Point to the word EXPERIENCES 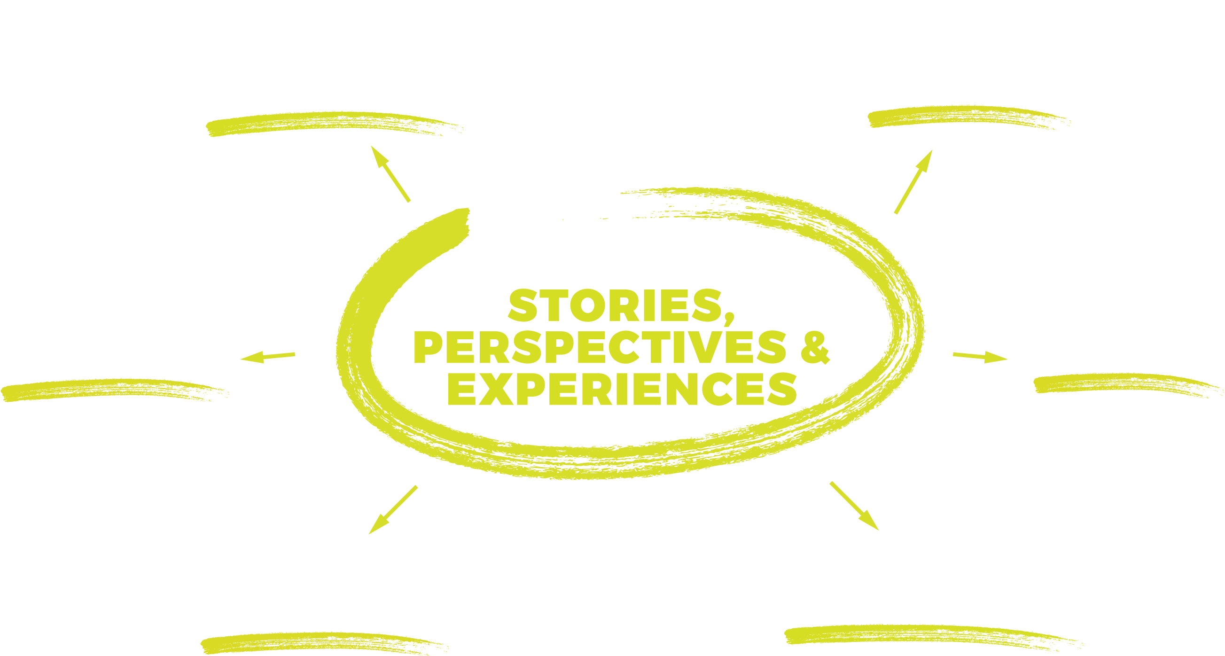(x=622, y=389)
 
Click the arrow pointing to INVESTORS (x=980, y=357)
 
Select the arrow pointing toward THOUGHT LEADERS (x=913, y=182)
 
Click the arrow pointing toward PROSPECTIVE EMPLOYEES (x=393, y=509)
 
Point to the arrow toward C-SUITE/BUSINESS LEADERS (x=854, y=505)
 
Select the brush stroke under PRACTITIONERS (x=333, y=124)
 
